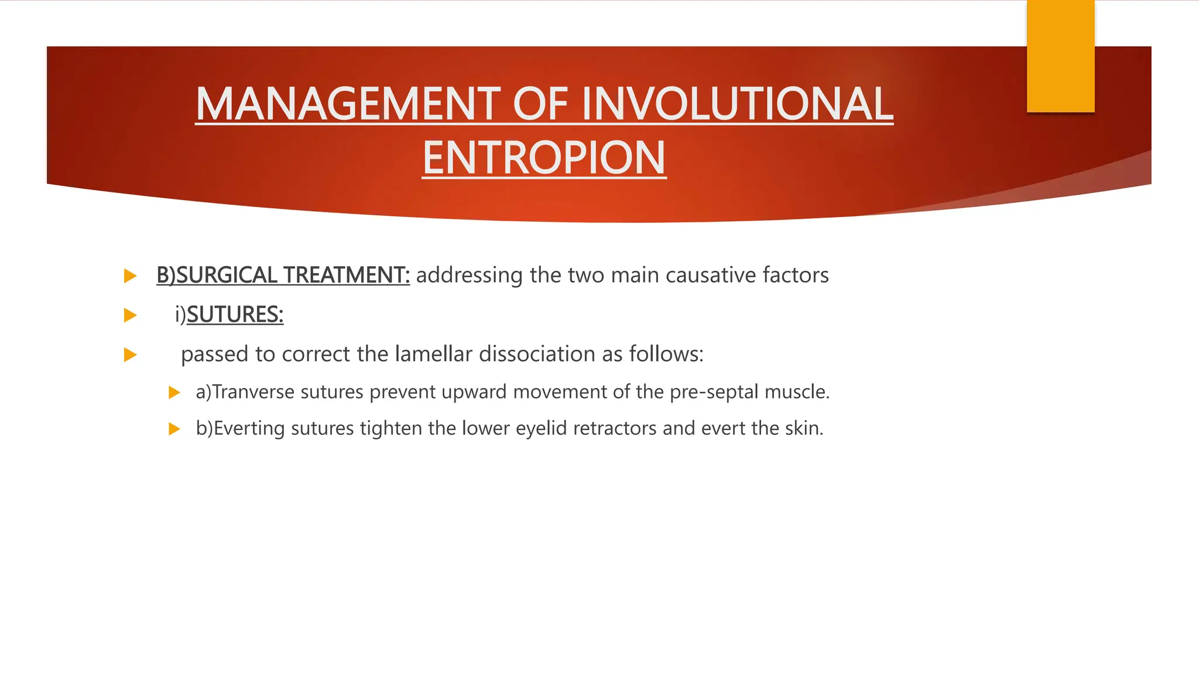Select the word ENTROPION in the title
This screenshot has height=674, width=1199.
(x=544, y=158)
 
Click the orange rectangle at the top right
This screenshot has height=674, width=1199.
(x=1060, y=56)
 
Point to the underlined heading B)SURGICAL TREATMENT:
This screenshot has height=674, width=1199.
(x=283, y=275)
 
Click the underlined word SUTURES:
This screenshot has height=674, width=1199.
(x=235, y=315)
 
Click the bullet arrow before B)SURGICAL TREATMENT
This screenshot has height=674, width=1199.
(x=130, y=276)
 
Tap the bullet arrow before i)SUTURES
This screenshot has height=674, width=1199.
(x=130, y=315)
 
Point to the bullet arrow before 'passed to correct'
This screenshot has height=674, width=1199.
(x=130, y=355)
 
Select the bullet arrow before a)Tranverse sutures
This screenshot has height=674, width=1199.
(x=174, y=393)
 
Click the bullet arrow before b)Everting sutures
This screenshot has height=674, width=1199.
(x=174, y=429)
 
